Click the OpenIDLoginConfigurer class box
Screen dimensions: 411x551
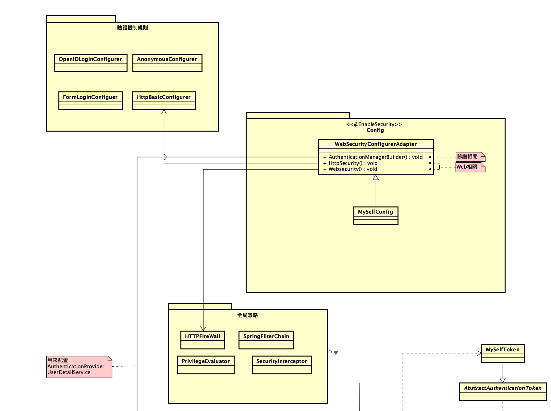[x=91, y=63]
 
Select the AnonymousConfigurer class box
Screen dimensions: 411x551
[x=167, y=63]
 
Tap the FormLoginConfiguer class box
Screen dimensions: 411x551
[x=91, y=101]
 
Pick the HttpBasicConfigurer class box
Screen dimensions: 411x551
[x=164, y=101]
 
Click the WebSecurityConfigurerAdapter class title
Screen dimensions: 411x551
[x=375, y=144]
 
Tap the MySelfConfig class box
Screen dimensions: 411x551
[x=375, y=216]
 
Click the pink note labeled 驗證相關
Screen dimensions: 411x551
[x=470, y=157]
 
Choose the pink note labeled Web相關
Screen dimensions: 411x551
[x=470, y=167]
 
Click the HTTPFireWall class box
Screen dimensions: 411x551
[x=202, y=340]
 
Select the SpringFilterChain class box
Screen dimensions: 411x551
[x=266, y=340]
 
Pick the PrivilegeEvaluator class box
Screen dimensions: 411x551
[x=206, y=365]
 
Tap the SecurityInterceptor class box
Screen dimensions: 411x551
[x=281, y=365]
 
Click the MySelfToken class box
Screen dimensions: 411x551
[x=502, y=353]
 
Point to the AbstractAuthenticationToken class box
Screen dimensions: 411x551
[x=502, y=392]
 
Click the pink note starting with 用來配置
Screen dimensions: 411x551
[x=79, y=367]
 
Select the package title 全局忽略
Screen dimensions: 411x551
[x=247, y=315]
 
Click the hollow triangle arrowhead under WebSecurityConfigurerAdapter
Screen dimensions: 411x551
[x=376, y=178]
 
